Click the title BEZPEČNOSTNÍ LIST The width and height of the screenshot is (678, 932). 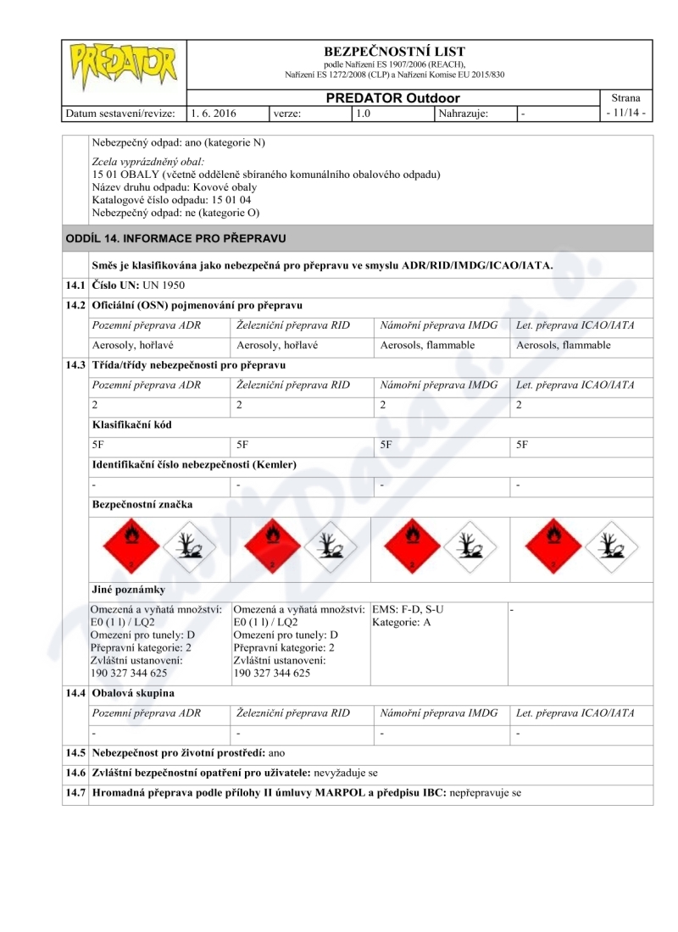coord(394,52)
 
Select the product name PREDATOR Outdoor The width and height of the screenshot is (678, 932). coord(393,98)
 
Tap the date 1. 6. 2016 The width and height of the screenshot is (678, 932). coord(214,113)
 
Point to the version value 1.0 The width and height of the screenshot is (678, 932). coord(363,113)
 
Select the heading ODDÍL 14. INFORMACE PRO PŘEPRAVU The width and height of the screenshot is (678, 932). coord(175,238)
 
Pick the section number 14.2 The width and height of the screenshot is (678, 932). coord(75,305)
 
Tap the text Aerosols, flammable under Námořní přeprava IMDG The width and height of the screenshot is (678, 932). coord(427,346)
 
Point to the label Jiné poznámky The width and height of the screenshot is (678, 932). coord(128,589)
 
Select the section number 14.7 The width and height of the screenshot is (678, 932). coord(75,795)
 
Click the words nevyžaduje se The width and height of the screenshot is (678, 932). coord(346,774)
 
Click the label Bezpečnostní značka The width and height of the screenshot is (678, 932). coord(142,504)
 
